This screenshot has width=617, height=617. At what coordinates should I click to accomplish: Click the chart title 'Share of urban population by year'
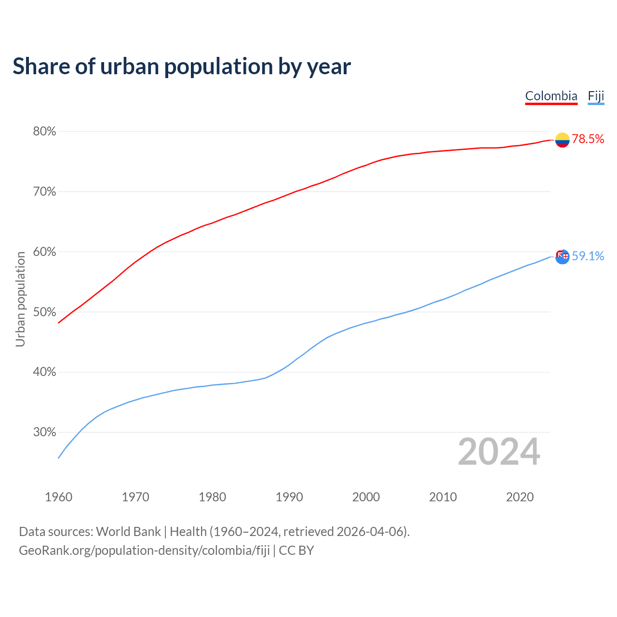[182, 67]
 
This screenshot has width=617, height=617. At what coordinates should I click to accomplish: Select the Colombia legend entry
[551, 96]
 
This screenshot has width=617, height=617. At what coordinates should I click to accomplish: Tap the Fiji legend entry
[596, 96]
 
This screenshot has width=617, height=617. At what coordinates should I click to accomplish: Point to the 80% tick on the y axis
[44, 132]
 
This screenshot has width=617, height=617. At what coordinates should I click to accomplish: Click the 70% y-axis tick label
[44, 192]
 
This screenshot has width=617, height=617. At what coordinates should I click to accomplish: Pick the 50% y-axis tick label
[44, 312]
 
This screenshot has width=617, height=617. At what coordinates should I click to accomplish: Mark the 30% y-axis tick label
[44, 432]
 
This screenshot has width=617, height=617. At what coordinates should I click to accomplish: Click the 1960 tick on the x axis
[58, 497]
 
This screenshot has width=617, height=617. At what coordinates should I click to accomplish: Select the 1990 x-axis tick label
[289, 497]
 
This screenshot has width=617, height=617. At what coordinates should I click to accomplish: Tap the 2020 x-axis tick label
[520, 497]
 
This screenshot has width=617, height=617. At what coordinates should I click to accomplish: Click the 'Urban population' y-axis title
[20, 299]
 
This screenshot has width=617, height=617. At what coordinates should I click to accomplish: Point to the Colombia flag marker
[562, 140]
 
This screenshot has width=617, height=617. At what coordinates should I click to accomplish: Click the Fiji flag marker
[562, 256]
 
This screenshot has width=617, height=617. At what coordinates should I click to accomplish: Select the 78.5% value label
[588, 139]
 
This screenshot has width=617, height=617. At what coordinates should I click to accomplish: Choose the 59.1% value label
[588, 256]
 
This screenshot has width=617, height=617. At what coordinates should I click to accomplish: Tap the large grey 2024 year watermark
[499, 452]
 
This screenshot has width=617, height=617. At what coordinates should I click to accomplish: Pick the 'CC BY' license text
[296, 550]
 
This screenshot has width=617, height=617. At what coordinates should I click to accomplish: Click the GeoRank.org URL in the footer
[144, 550]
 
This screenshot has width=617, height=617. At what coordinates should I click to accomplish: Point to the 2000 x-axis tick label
[366, 497]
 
